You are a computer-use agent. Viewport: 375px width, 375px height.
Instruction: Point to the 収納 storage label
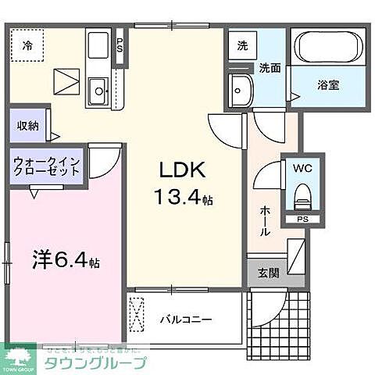click(x=27, y=127)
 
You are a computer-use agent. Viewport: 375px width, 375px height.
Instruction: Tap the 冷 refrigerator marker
click(x=27, y=45)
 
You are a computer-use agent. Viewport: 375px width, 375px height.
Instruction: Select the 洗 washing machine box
click(x=243, y=46)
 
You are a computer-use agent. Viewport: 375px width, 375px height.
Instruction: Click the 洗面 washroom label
click(x=270, y=69)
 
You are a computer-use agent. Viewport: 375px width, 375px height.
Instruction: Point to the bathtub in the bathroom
click(x=327, y=48)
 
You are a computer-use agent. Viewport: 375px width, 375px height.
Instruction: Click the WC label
click(x=302, y=168)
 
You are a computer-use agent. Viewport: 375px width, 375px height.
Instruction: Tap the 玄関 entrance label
click(x=266, y=273)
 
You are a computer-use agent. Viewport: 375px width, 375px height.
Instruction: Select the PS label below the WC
click(x=302, y=220)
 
